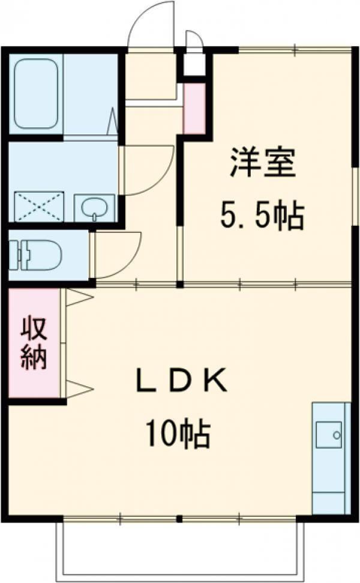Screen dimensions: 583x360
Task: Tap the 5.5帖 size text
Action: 262,216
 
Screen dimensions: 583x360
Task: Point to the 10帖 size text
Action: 176,434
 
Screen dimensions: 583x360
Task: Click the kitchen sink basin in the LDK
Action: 329,435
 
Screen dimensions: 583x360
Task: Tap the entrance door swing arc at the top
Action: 150,24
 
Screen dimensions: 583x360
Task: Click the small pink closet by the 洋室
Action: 193,109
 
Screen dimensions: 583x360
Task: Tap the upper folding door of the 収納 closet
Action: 79,297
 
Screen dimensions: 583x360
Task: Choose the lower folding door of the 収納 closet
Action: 79,388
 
